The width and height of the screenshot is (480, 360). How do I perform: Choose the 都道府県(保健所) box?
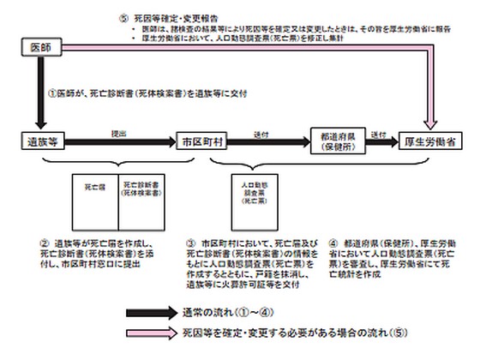337,140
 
